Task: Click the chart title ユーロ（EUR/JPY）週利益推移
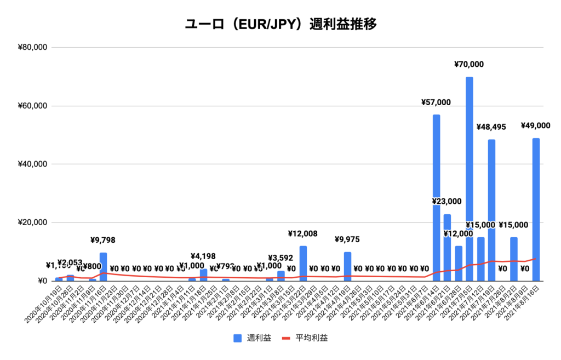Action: click(280, 24)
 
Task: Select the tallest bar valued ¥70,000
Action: click(470, 181)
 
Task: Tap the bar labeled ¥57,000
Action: click(436, 197)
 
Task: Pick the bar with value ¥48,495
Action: click(491, 211)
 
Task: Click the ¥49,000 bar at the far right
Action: click(536, 211)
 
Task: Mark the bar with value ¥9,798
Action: click(103, 267)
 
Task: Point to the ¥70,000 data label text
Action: click(469, 64)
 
